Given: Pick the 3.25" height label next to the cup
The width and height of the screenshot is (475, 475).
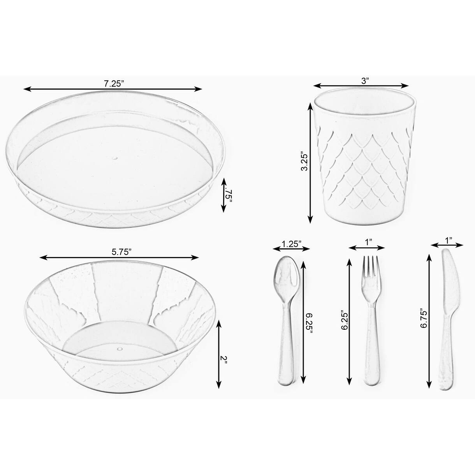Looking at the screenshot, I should coord(305,160).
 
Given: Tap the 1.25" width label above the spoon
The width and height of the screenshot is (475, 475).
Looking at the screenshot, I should coord(292,244).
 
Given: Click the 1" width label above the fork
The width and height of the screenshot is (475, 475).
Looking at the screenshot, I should coord(368,242).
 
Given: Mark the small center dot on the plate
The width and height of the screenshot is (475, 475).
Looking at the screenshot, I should coord(114,158).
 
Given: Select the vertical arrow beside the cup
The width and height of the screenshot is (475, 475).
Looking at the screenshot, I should coord(310,160).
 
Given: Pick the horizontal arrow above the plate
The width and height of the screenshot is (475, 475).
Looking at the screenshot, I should coord(113,89).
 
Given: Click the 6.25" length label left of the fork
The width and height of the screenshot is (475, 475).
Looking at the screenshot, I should coord(344,320).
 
